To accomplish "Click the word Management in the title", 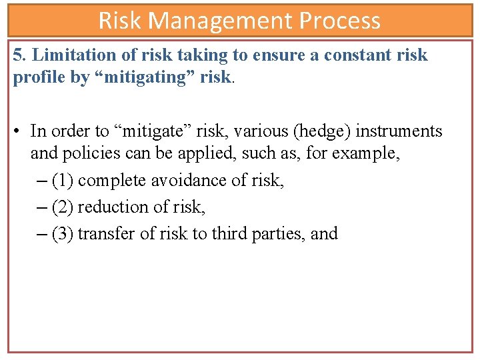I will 222,21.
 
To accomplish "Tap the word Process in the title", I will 339,21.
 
